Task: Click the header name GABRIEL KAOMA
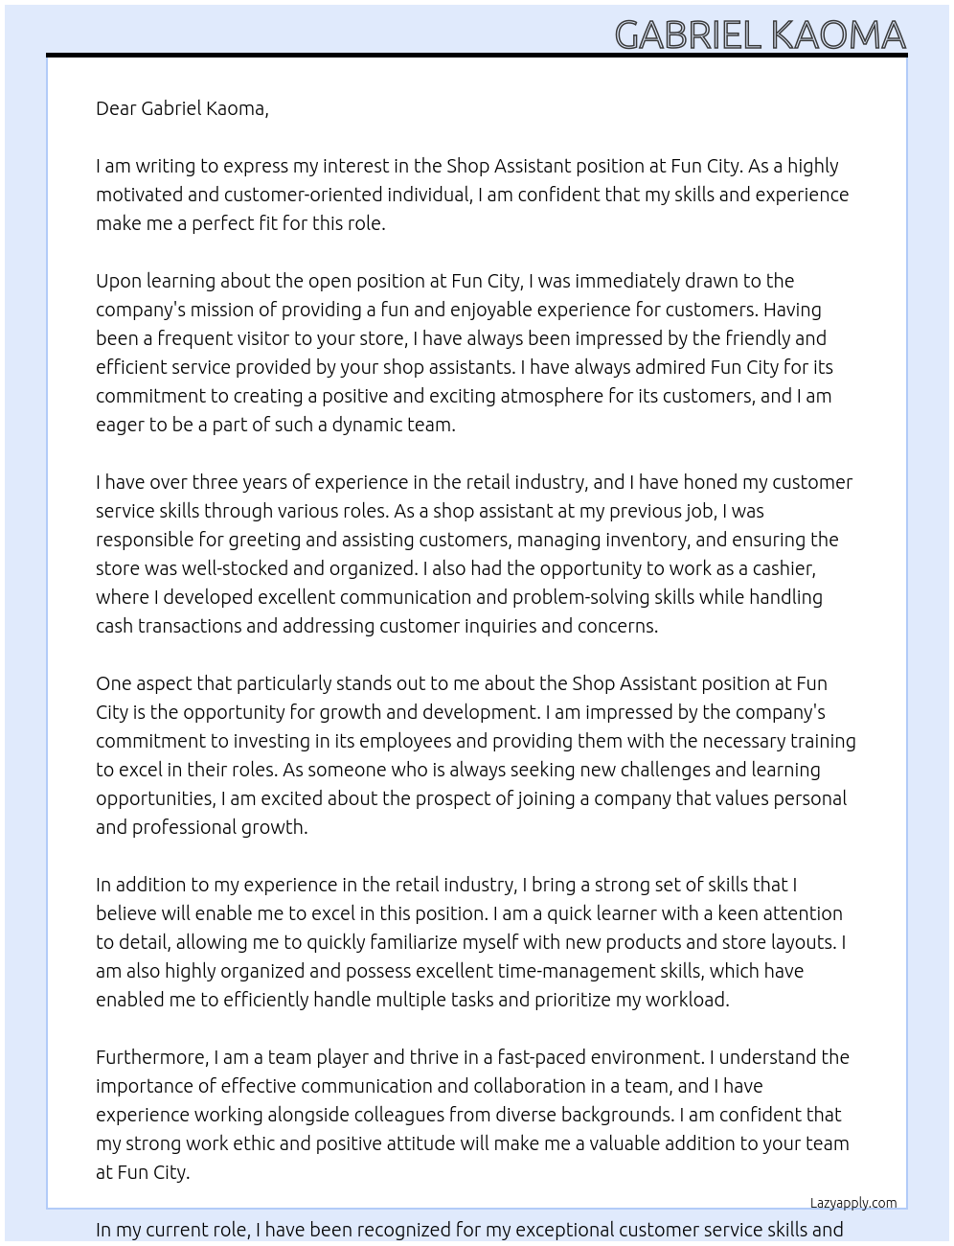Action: coord(760,35)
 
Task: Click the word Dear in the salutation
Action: coord(116,108)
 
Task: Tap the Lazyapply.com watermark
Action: coord(853,1203)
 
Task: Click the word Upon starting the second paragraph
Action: coord(117,281)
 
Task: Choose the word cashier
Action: coord(781,568)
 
